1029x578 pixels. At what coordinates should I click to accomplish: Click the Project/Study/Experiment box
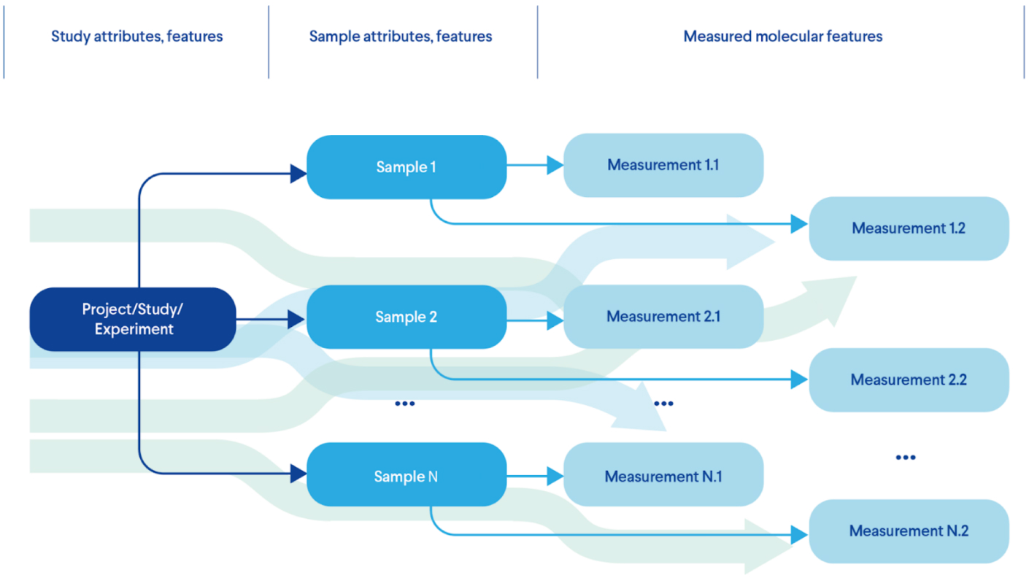(x=132, y=320)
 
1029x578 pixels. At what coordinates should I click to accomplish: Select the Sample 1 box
(x=406, y=167)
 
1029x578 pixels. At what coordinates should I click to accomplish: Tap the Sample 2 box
(x=406, y=317)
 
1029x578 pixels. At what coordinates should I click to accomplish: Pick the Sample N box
(x=406, y=476)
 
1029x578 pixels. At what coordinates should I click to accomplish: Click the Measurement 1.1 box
(x=663, y=165)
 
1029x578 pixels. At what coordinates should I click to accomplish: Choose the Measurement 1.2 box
(x=909, y=228)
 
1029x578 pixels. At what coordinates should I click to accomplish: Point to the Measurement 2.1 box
(x=663, y=317)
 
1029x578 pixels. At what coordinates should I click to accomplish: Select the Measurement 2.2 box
(x=909, y=380)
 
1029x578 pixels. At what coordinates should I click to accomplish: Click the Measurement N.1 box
(x=663, y=476)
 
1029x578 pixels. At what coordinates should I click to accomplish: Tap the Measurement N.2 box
(x=909, y=531)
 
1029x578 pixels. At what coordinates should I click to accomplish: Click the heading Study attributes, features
(x=136, y=36)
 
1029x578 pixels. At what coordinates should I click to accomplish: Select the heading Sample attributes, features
(x=400, y=36)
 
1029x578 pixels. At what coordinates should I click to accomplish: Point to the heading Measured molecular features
(x=782, y=36)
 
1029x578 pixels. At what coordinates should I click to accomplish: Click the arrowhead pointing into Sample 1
(x=298, y=174)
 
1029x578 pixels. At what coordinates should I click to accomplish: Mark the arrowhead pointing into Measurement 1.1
(x=555, y=165)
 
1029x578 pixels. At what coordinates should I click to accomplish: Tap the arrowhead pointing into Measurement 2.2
(x=800, y=379)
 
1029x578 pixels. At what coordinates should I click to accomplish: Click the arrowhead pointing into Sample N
(x=298, y=474)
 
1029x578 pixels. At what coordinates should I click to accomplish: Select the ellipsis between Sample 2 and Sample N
(x=404, y=404)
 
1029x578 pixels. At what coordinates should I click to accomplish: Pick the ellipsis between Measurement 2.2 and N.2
(x=905, y=458)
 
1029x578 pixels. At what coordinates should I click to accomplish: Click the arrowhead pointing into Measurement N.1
(x=555, y=477)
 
